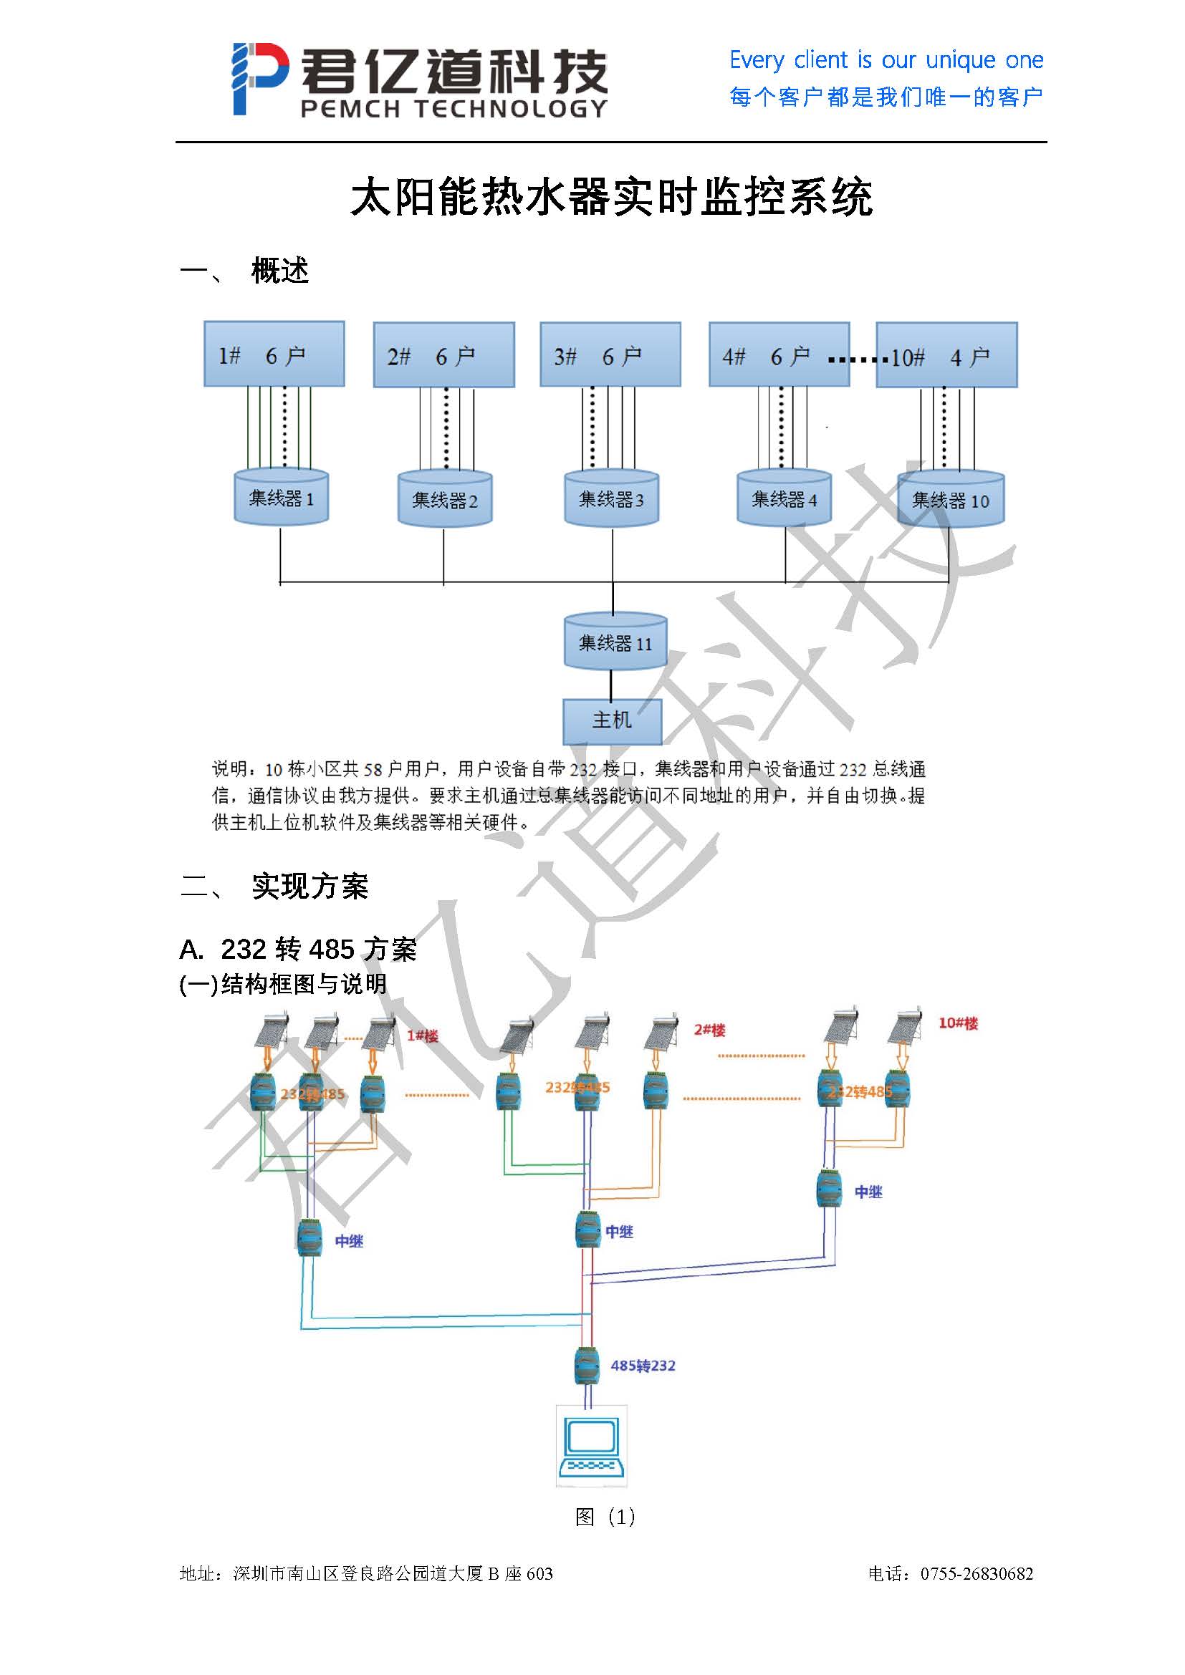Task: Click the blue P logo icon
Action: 259,78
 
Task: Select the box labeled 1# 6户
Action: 274,354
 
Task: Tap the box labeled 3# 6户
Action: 610,354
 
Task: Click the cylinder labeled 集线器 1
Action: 281,498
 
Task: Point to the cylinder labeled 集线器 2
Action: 444,500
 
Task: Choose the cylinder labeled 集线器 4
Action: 784,499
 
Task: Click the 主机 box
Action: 611,721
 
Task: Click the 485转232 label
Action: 643,1366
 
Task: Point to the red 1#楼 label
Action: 423,1036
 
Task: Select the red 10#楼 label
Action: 958,1023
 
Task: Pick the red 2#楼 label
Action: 709,1030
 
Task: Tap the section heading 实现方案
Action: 310,887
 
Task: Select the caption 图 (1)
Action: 605,1517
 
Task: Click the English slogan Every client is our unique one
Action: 886,60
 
